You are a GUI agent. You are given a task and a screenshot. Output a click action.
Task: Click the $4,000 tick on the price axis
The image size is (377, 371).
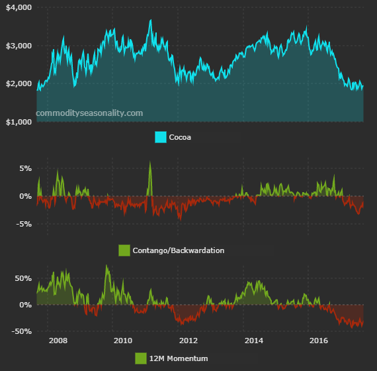(x=18, y=7)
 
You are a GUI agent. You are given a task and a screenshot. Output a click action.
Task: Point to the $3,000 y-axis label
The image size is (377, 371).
(x=18, y=46)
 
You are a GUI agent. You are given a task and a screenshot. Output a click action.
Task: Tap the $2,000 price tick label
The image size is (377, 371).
(x=18, y=84)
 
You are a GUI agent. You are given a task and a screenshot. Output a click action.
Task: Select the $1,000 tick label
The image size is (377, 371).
(x=18, y=122)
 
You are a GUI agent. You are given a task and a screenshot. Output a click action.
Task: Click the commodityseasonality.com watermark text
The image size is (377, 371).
(x=89, y=113)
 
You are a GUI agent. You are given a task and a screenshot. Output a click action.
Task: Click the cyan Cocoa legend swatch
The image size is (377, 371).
(x=160, y=137)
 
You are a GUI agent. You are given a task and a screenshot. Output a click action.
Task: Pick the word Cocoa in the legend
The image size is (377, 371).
(x=181, y=137)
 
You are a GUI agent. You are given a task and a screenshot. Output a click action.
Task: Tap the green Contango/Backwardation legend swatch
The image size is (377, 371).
(x=124, y=250)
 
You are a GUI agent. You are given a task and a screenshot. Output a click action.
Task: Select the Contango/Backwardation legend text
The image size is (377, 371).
(x=178, y=250)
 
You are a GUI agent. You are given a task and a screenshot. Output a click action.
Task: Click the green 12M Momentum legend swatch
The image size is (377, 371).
(x=140, y=358)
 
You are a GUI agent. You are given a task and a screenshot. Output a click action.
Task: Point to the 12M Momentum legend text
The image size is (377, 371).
(x=179, y=358)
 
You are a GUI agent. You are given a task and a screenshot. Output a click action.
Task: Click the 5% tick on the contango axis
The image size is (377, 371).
(x=24, y=168)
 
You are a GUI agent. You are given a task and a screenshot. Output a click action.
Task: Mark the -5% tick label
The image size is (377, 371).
(x=22, y=224)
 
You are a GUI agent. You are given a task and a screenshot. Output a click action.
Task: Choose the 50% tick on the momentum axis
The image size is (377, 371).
(x=22, y=278)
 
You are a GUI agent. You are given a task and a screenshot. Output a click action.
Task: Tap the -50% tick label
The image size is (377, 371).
(x=21, y=331)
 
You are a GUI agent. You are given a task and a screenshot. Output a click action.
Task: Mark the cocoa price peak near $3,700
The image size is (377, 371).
(x=151, y=21)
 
